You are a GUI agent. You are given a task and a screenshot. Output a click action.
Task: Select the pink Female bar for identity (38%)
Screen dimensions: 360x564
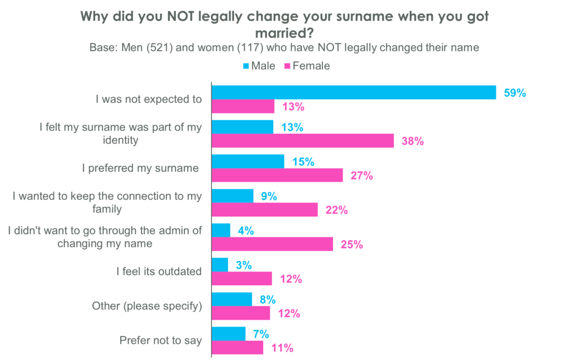click(303, 141)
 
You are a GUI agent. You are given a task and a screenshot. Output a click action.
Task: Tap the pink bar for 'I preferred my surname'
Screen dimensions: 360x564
click(277, 176)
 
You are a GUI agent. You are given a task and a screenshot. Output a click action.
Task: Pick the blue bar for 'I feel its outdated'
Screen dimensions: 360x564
click(220, 265)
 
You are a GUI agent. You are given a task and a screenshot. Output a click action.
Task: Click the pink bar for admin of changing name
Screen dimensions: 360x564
click(273, 244)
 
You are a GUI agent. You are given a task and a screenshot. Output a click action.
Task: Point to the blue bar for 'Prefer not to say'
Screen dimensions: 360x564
click(229, 334)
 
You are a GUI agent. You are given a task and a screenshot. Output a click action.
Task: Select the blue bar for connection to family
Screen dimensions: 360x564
click(232, 196)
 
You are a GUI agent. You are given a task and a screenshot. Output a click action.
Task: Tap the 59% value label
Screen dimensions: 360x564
click(515, 92)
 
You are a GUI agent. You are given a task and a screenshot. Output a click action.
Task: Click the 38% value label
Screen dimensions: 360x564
click(412, 141)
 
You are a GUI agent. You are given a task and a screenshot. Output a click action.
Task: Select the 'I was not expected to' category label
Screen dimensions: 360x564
click(148, 100)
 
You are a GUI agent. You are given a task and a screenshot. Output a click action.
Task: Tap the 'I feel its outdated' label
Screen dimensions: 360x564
click(159, 271)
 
